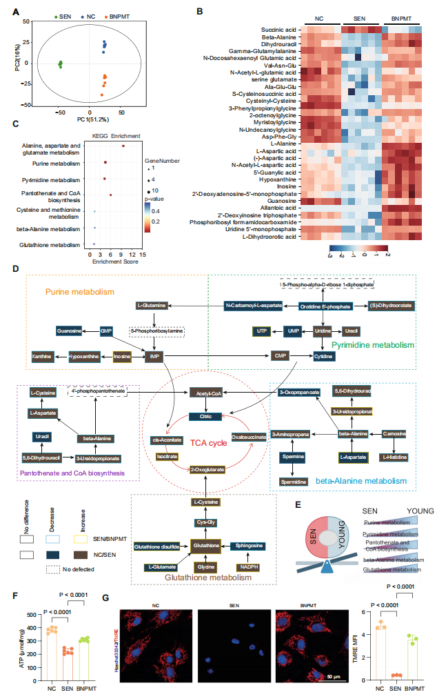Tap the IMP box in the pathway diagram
click(x=154, y=355)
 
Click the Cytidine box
click(x=324, y=355)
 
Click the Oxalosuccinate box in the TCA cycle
click(x=250, y=436)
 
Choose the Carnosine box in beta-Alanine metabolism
click(x=395, y=433)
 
